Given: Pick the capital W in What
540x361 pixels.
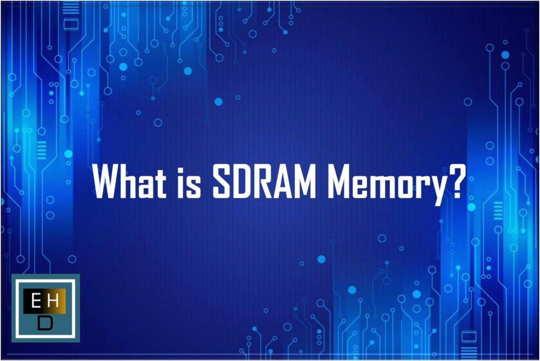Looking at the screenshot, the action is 108,182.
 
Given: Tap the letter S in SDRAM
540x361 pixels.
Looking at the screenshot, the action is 222,182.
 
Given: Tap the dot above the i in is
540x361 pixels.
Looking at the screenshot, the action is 182,167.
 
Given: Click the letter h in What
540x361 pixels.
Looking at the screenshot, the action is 133,182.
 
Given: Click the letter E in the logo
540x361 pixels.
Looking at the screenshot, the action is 35,301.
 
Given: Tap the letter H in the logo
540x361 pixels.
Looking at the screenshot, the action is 53,301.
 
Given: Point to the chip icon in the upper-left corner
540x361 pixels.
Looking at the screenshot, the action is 71,24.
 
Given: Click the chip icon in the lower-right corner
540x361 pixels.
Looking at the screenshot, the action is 469,336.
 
